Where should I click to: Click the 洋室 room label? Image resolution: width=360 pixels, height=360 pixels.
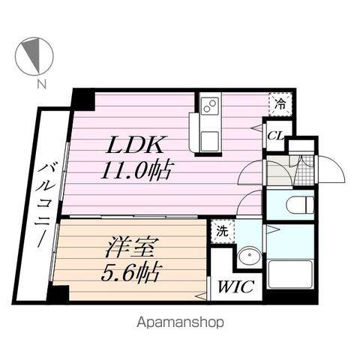point(124,245)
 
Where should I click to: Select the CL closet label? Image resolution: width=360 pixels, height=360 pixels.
point(274,136)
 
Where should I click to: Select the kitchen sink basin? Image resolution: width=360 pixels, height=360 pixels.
point(208,137)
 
